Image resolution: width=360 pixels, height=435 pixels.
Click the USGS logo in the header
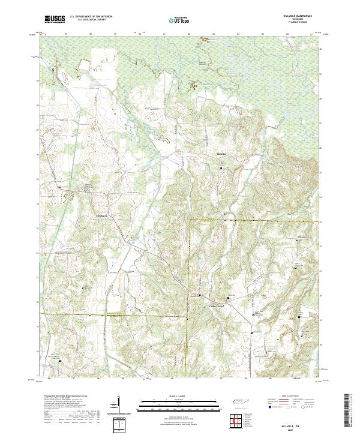pyautogui.click(x=55, y=19)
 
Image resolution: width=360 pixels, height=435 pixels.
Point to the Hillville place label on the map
pyautogui.click(x=221, y=155)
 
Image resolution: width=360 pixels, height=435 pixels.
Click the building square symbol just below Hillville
pyautogui.click(x=220, y=169)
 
